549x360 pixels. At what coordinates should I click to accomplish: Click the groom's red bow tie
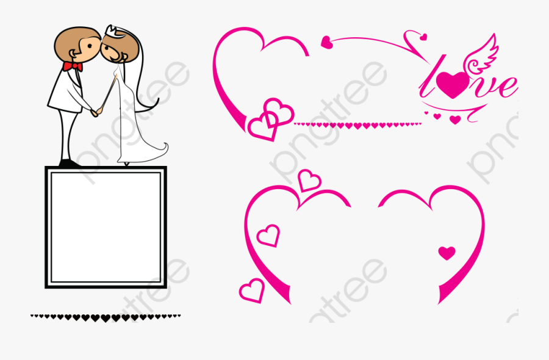[x=73, y=65]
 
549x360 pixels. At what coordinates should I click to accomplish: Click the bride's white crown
[x=112, y=31]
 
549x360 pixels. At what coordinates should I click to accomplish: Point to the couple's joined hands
[x=95, y=112]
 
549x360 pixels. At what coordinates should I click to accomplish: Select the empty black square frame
[x=106, y=227]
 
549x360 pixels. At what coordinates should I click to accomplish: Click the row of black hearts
[x=106, y=317]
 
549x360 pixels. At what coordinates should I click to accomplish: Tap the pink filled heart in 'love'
[x=453, y=84]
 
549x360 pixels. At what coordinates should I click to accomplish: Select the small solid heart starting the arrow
[x=327, y=42]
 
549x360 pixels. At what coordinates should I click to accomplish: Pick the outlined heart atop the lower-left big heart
[x=309, y=180]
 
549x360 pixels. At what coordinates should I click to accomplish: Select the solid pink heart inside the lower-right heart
[x=447, y=253]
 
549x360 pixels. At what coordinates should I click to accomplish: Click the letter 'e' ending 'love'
[x=506, y=87]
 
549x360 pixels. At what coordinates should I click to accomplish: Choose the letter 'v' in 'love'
[x=483, y=87]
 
